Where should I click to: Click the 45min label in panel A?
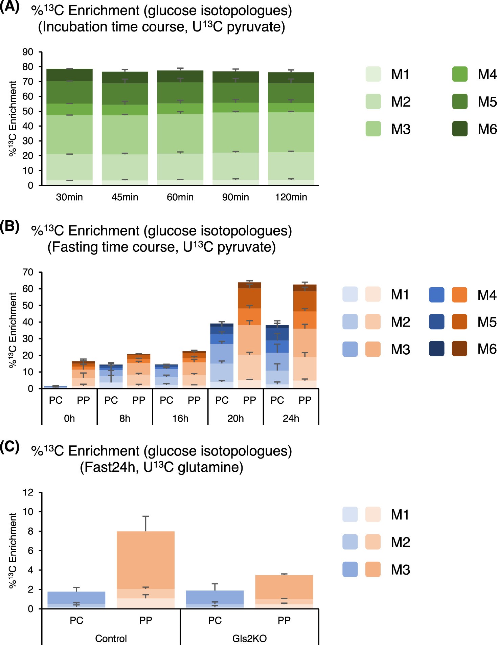click(x=125, y=197)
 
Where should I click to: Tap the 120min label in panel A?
click(x=291, y=197)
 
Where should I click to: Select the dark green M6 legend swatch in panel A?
click(x=460, y=129)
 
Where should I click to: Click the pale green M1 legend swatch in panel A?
click(x=373, y=74)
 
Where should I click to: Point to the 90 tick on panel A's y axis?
click(x=28, y=52)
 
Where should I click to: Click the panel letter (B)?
click(x=9, y=226)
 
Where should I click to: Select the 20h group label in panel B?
click(x=235, y=419)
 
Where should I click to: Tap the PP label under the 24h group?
click(x=305, y=400)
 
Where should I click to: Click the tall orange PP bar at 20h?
click(x=250, y=338)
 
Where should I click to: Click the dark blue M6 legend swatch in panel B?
click(x=436, y=349)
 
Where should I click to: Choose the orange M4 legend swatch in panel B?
click(x=459, y=295)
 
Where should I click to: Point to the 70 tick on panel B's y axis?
click(x=28, y=272)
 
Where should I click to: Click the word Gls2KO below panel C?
click(x=249, y=639)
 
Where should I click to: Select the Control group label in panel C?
click(x=111, y=639)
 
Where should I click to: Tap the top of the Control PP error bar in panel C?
click(x=146, y=516)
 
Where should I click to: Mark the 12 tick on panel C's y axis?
click(x=28, y=492)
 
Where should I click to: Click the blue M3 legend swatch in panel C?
click(x=350, y=570)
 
